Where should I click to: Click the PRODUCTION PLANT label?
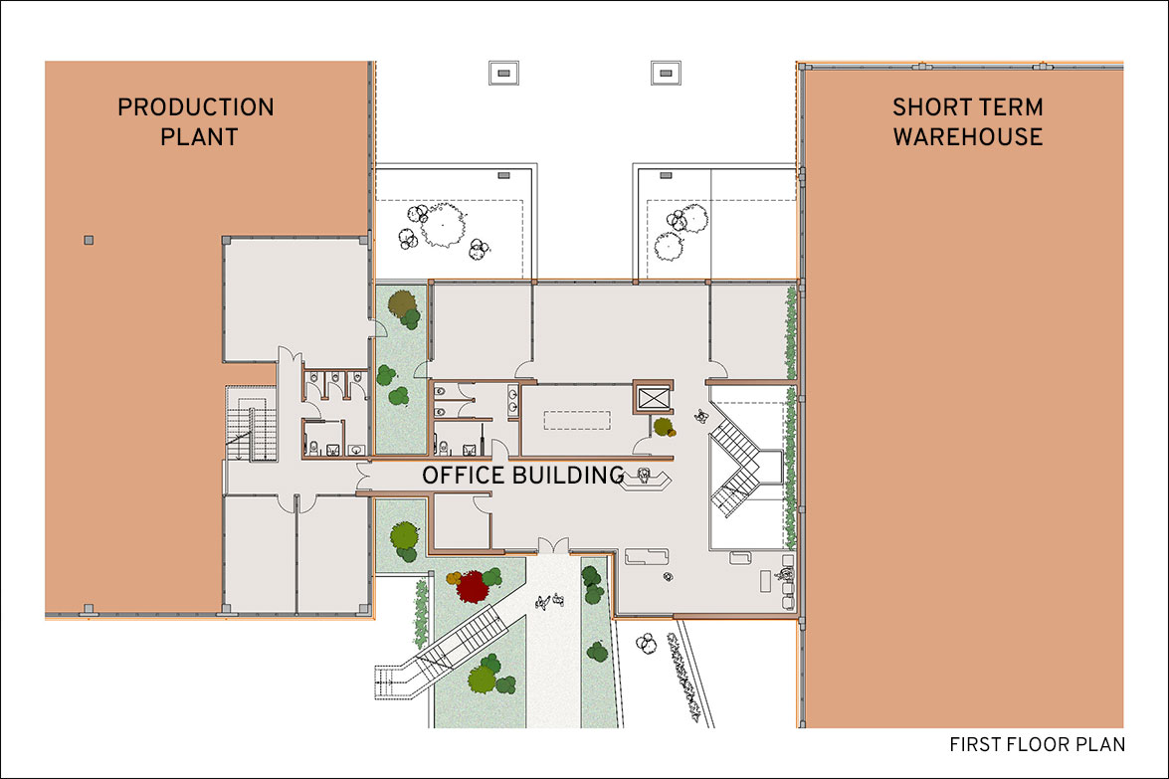point(196,121)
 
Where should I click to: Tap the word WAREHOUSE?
point(968,137)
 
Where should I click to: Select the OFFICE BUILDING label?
point(522,475)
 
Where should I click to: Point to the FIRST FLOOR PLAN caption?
point(1037,744)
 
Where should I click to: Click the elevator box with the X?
point(653,397)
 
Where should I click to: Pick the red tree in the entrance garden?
point(472,587)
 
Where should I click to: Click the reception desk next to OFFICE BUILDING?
point(646,478)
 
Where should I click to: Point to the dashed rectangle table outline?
point(577,421)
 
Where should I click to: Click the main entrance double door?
point(553,545)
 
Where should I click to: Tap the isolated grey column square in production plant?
point(89,240)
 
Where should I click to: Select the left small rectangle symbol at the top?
point(504,73)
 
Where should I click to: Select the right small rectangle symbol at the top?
point(666,73)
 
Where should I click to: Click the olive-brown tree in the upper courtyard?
point(403,304)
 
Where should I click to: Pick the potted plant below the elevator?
point(663,427)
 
